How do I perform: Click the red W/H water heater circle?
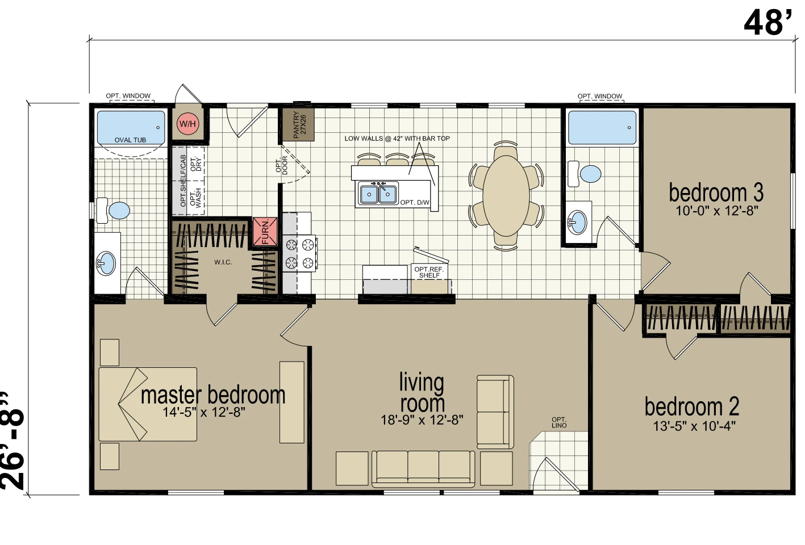[187, 124]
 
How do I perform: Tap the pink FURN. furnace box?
[265, 232]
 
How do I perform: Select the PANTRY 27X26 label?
[299, 124]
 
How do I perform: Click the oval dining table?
[506, 196]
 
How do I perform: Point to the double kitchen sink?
[378, 194]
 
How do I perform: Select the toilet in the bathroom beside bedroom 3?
[584, 174]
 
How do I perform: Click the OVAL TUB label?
[130, 140]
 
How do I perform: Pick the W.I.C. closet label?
[223, 262]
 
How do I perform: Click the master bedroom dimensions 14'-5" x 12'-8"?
[204, 412]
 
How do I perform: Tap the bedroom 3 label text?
[716, 193]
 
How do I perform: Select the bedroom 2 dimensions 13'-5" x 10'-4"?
[694, 426]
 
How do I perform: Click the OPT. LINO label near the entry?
[559, 422]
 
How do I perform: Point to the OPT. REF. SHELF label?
[429, 272]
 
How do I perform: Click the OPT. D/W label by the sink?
[415, 203]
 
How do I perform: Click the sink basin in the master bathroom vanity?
[106, 263]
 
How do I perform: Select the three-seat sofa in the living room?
[423, 469]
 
